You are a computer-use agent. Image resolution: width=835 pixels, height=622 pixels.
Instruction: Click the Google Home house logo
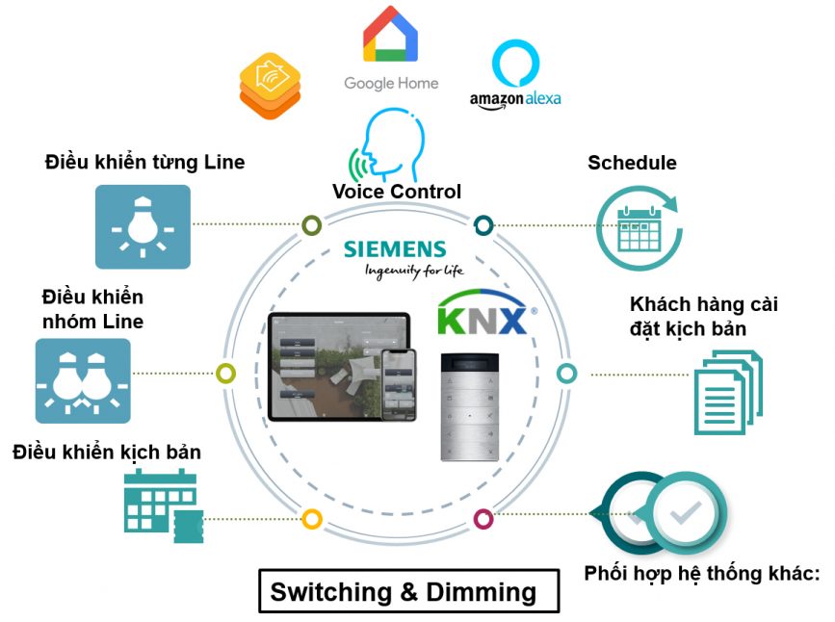[x=390, y=35]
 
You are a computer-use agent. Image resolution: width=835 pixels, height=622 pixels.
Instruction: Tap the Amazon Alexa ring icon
[x=515, y=64]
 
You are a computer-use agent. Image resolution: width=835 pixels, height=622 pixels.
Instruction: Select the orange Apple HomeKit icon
[x=270, y=86]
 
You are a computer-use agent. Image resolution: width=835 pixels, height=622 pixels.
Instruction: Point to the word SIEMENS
[x=395, y=249]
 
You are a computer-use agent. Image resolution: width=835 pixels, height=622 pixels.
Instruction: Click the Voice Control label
[x=397, y=192]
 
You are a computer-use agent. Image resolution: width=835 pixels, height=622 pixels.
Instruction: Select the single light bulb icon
[x=143, y=227]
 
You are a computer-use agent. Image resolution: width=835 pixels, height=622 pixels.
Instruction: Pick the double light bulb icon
[x=83, y=380]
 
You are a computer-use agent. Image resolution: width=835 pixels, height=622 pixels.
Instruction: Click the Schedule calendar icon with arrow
[x=638, y=226]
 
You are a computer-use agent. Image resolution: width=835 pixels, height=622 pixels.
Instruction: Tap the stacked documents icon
[x=728, y=392]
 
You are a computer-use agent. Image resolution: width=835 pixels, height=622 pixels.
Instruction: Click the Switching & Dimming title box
[x=408, y=590]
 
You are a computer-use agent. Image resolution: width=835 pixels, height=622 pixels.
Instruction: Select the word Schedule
[x=632, y=163]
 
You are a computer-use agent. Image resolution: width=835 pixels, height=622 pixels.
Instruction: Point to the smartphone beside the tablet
[x=400, y=383]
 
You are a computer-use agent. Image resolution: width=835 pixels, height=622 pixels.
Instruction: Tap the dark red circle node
[x=483, y=519]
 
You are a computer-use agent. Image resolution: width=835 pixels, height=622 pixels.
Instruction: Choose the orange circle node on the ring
[x=311, y=519]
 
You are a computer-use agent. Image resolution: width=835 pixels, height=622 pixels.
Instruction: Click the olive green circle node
[x=311, y=225]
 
